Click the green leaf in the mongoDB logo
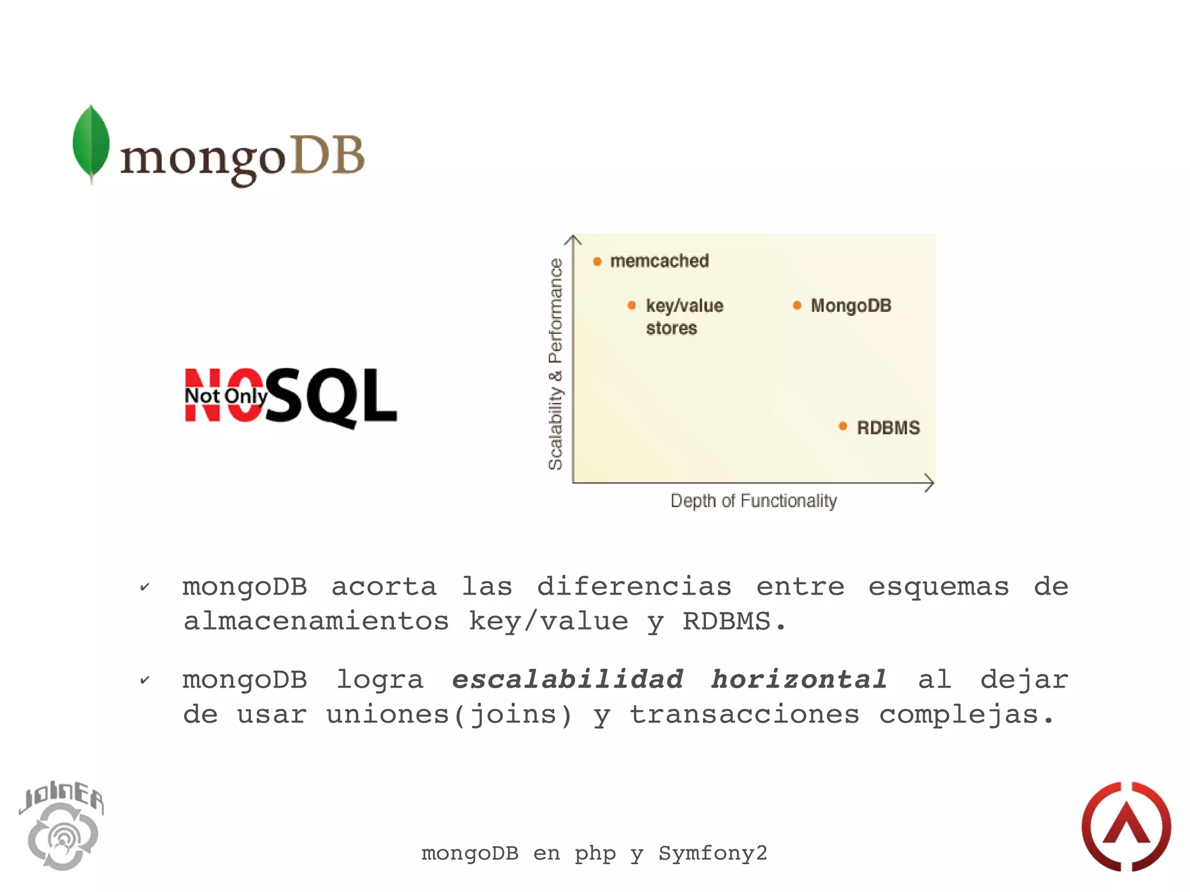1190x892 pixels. (91, 142)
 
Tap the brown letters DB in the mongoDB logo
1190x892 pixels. (327, 155)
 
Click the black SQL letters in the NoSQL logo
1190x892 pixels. (332, 397)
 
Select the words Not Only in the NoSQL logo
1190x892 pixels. (226, 396)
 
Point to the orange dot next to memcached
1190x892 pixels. (597, 261)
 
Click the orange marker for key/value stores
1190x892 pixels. (632, 305)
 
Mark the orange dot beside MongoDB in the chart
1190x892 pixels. (797, 305)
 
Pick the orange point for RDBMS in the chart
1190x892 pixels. (843, 427)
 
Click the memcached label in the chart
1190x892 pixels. (659, 261)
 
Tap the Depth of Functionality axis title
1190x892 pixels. (754, 501)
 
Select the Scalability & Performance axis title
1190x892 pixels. (555, 364)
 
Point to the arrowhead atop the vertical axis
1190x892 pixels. (573, 239)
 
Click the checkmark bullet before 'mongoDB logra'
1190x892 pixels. (145, 680)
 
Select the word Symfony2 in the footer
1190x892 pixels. (712, 853)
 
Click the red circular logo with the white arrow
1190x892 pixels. (1126, 826)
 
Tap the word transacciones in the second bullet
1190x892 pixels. (744, 715)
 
